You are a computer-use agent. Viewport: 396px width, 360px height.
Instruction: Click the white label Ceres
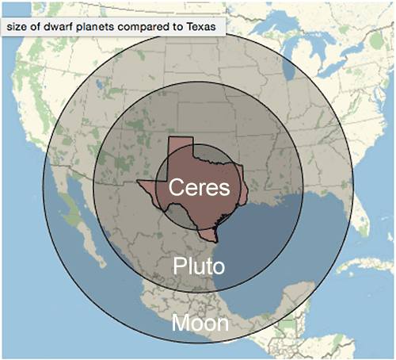(x=198, y=189)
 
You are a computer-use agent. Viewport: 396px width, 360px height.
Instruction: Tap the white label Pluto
(x=199, y=265)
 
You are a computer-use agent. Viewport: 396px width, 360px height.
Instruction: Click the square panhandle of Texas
(x=181, y=147)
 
